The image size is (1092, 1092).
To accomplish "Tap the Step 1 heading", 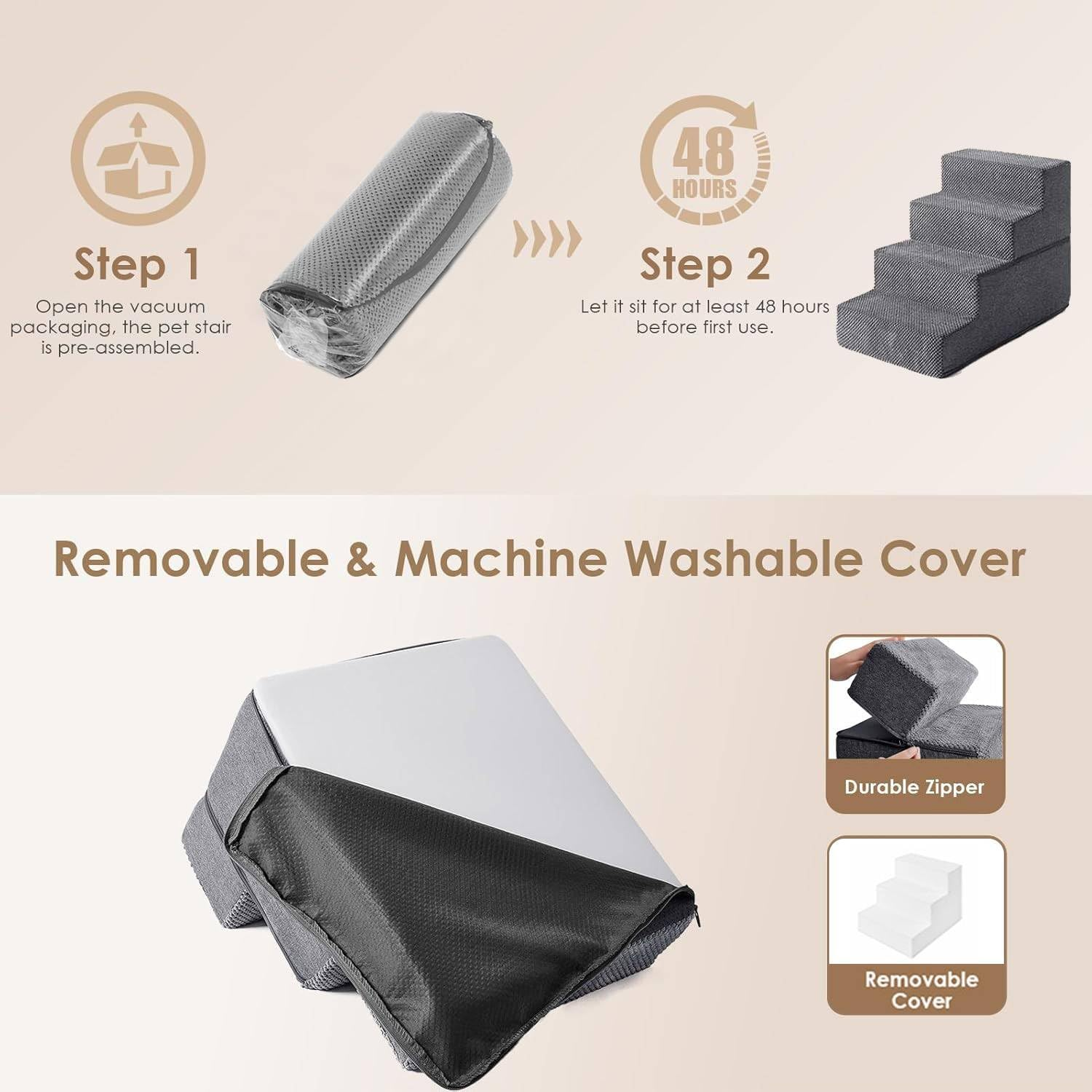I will coord(137,264).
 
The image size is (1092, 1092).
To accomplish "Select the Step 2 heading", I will coord(704,264).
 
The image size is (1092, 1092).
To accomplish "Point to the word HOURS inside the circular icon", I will coord(704,189).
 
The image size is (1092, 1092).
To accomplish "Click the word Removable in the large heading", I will coord(191,558).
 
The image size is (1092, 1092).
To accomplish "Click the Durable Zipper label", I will coord(914,787).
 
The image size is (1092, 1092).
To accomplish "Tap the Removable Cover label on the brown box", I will coord(921,989).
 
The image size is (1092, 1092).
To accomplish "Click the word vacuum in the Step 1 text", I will coord(173,306).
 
